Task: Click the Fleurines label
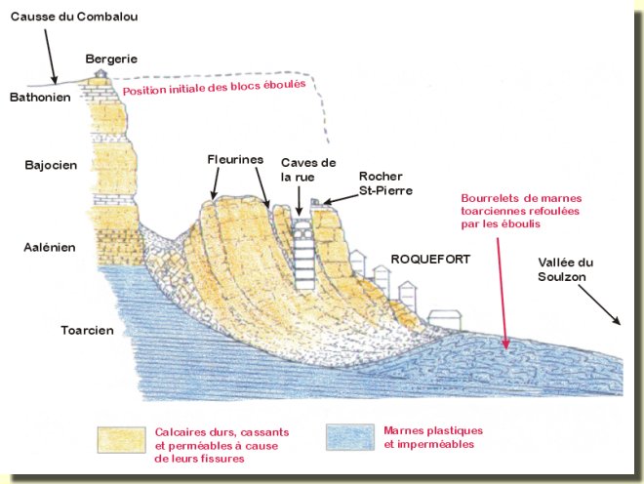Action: click(232, 158)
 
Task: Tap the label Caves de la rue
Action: click(307, 169)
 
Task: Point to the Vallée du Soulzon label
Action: click(566, 270)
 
